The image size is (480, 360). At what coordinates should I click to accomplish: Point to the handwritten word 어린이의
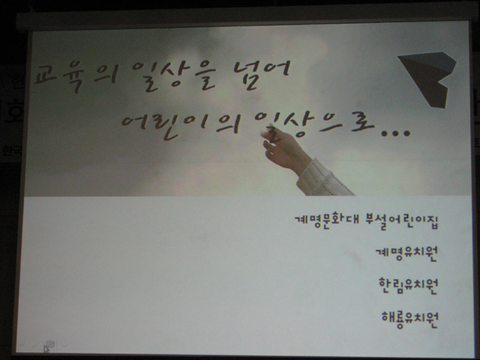pos(180,126)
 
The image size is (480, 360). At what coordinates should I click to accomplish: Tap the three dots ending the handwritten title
pos(395,133)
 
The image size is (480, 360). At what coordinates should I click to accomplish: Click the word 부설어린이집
pos(402,222)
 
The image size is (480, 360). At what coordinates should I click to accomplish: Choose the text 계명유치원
pos(406,253)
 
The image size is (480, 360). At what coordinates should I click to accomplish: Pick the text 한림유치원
pos(408,286)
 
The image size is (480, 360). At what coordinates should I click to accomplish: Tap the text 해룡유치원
pos(409,319)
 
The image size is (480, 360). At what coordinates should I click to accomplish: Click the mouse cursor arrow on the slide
pos(46,349)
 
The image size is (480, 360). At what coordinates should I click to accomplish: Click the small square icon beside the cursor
pos(50,344)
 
